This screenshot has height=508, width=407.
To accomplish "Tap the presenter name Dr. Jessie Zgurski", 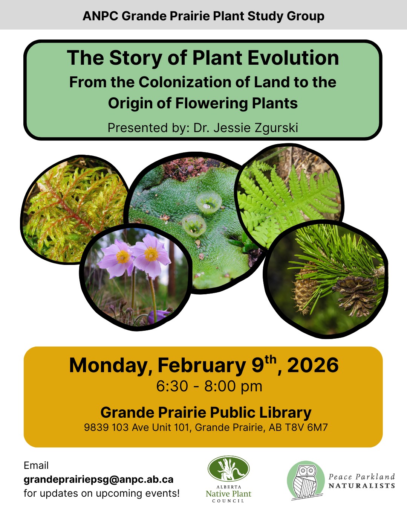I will tap(246, 128).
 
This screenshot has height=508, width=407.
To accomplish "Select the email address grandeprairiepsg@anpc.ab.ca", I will tap(98, 479).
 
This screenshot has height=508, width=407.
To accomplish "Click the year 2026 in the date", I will tap(313, 365).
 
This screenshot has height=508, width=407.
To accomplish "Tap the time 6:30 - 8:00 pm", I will tap(209, 386).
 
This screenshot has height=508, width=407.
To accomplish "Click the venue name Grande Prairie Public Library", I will tap(206, 412).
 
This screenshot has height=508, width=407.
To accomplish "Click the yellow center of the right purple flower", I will tap(151, 254).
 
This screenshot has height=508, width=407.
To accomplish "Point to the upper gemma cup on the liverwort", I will tap(208, 201).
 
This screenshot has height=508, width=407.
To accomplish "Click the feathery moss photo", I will tap(72, 207).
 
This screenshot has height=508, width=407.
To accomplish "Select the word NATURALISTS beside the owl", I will tap(362, 486).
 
